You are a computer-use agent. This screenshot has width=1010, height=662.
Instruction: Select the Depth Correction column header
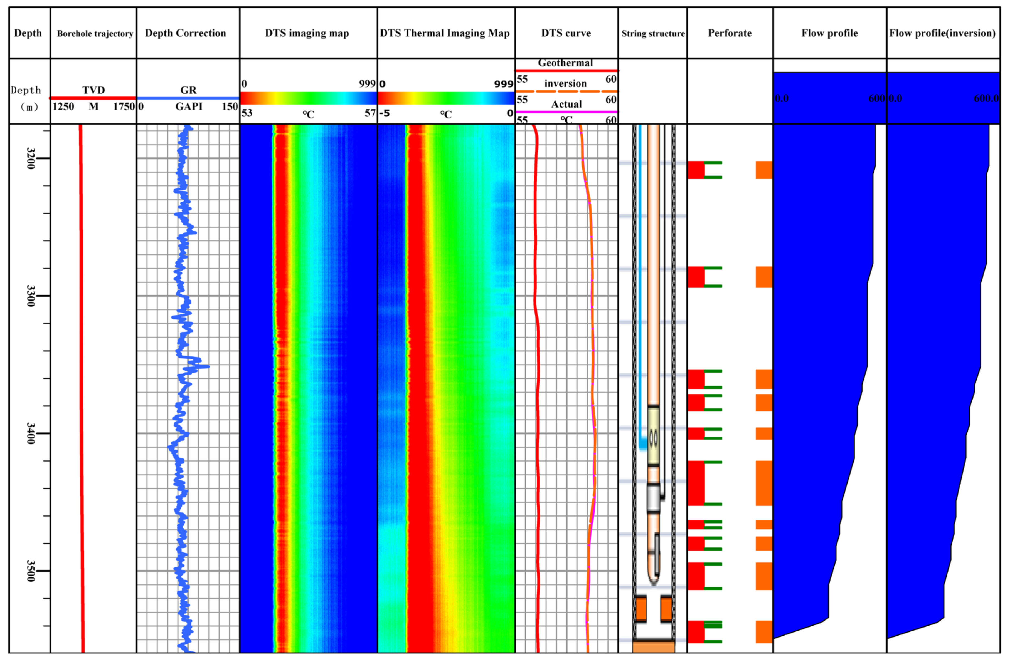(186, 33)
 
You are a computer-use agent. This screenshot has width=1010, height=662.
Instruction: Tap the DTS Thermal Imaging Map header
(445, 33)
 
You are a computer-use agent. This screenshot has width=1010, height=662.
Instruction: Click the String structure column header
(653, 33)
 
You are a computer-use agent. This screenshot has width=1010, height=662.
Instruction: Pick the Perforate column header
(730, 33)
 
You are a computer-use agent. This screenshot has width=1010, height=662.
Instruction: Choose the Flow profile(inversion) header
(942, 33)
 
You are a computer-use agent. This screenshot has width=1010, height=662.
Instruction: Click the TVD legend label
(93, 90)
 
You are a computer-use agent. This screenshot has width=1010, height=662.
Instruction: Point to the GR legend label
(188, 90)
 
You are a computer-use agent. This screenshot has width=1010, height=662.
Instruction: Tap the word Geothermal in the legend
(565, 63)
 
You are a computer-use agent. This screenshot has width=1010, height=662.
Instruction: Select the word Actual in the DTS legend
(566, 104)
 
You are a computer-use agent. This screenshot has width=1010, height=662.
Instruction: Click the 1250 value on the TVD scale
(63, 106)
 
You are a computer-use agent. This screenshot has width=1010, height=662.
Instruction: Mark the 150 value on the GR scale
(230, 106)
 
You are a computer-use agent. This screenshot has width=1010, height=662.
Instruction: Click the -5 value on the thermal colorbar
(385, 113)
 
